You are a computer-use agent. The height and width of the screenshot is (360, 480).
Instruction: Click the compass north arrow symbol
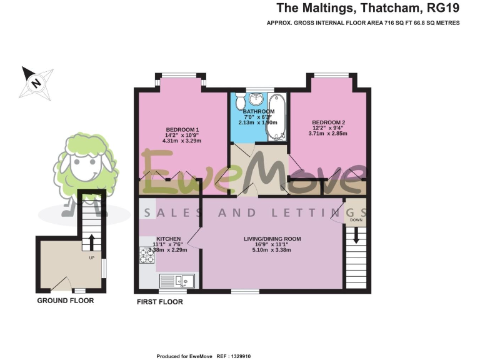(35, 82)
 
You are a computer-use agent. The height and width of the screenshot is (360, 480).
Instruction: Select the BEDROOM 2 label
(329, 122)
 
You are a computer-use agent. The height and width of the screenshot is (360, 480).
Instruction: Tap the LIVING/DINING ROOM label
(272, 239)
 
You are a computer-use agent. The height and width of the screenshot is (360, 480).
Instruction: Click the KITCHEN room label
(168, 239)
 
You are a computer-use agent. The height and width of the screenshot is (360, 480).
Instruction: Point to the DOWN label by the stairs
(356, 220)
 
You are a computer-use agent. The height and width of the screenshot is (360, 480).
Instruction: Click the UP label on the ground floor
(91, 257)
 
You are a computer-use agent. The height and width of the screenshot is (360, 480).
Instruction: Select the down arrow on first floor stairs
(356, 236)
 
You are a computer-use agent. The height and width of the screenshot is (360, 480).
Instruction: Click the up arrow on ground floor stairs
(91, 241)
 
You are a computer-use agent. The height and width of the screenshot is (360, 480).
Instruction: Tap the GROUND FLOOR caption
(65, 301)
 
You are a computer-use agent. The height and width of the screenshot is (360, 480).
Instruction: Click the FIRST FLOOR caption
(159, 302)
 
